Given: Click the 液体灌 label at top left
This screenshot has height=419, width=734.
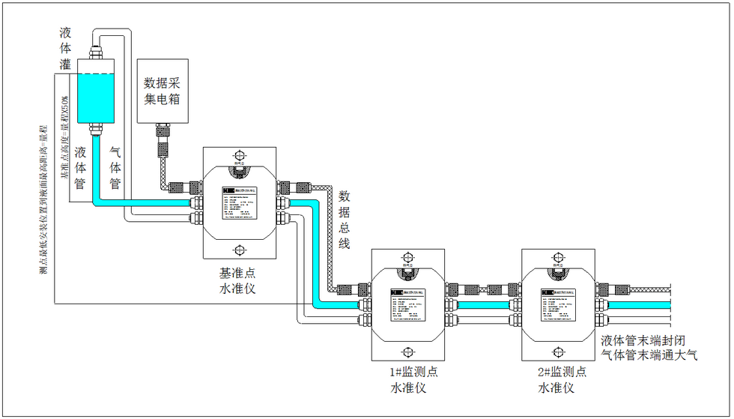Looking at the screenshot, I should (65, 49).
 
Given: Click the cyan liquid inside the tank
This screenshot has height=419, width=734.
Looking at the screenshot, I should (96, 97).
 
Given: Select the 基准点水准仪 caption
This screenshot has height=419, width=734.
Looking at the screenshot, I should (239, 279).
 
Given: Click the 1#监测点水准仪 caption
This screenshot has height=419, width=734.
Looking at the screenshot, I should (408, 379).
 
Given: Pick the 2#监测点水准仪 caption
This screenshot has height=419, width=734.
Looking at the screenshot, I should (556, 379).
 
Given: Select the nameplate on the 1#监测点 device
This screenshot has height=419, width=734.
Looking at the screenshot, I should (408, 304).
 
